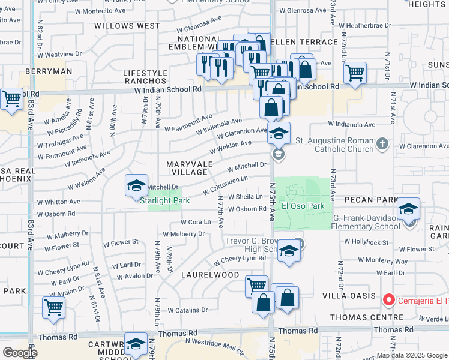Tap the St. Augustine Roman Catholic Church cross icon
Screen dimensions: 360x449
click(383, 144)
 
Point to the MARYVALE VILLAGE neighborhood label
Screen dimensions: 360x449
click(185, 168)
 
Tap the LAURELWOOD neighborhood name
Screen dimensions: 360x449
click(210, 275)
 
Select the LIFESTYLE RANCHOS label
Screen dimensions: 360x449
click(145, 77)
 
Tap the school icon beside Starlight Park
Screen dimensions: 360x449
click(137, 185)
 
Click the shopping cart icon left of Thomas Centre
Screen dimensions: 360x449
click(256, 286)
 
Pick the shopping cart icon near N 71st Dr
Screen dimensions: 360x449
click(355, 73)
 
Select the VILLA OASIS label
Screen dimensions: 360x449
click(360, 296)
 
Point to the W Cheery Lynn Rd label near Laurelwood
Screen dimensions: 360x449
click(239, 259)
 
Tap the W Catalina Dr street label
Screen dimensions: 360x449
click(187, 311)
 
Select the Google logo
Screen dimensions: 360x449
click(19, 352)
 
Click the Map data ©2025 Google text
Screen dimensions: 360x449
click(411, 355)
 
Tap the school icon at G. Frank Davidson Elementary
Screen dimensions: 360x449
click(409, 209)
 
